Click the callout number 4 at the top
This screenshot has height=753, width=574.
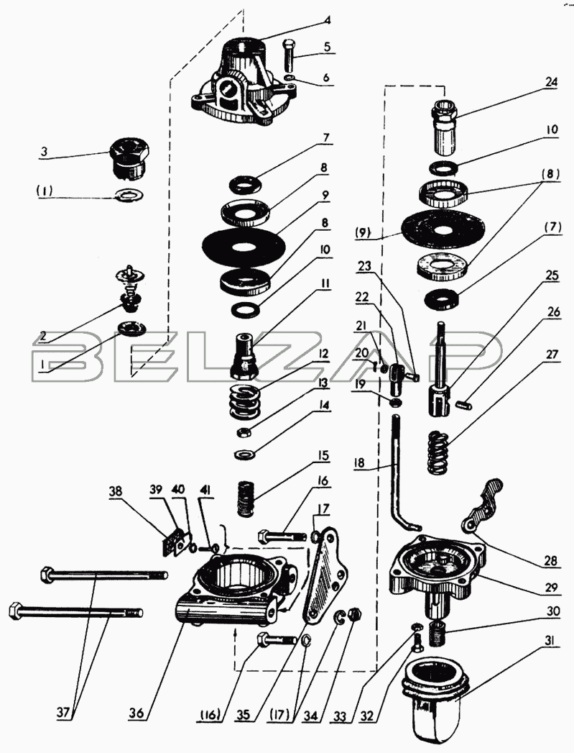click(327, 21)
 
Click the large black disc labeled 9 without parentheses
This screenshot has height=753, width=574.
click(244, 247)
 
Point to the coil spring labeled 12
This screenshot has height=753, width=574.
click(245, 401)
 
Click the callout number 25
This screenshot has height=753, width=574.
click(552, 275)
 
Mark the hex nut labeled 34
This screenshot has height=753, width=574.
click(355, 614)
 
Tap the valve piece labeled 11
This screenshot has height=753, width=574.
click(245, 356)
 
